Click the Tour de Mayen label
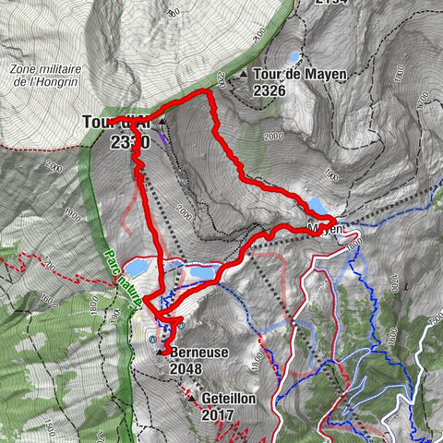pyautogui.click(x=293, y=75)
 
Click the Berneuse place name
pyautogui.click(x=199, y=352)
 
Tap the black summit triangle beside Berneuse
pyautogui.click(x=161, y=352)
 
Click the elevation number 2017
pyautogui.click(x=219, y=415)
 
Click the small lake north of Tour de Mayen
pyautogui.click(x=293, y=57)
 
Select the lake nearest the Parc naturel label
pyautogui.click(x=137, y=269)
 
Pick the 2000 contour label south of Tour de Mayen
pyautogui.click(x=272, y=136)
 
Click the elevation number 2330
pyautogui.click(x=128, y=140)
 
